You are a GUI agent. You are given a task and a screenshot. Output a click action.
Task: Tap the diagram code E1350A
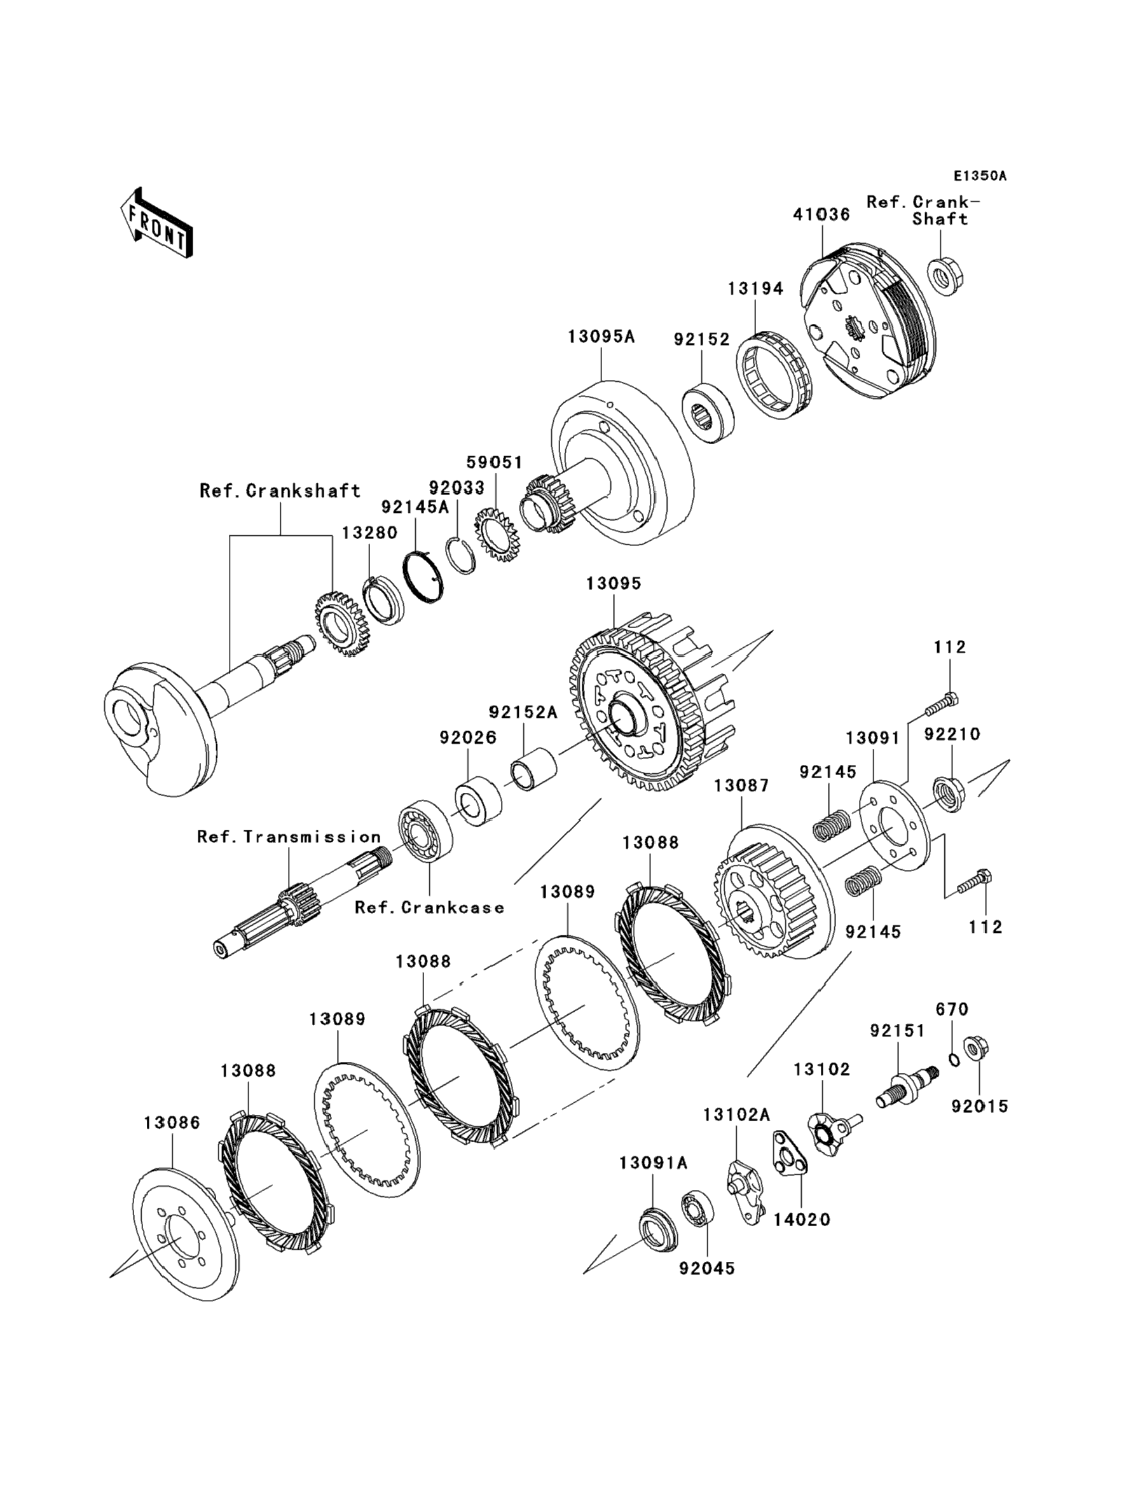tap(980, 176)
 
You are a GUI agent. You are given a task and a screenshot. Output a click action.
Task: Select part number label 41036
tap(821, 214)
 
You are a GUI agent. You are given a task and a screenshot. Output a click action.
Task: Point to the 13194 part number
tap(755, 289)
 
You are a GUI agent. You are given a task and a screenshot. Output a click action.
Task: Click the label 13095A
tap(601, 337)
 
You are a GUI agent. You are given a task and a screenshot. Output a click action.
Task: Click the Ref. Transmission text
tap(289, 837)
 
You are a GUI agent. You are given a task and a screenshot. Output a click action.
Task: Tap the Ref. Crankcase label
tap(429, 908)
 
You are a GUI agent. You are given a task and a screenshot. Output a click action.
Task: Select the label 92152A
tap(523, 712)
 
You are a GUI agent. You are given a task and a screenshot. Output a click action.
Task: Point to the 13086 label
tap(172, 1122)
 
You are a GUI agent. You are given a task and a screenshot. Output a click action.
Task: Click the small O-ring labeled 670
tap(954, 1059)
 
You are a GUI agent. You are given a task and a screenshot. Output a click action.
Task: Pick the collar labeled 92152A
tap(534, 770)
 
